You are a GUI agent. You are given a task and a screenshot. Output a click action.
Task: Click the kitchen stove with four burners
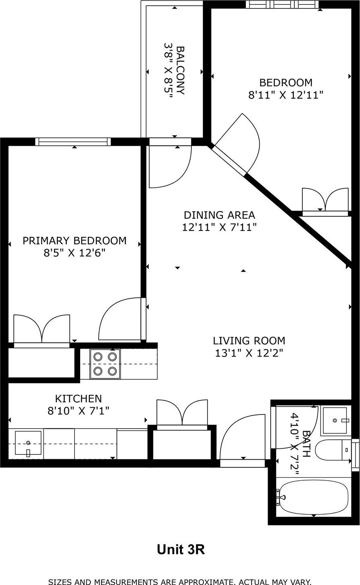coord(105,364)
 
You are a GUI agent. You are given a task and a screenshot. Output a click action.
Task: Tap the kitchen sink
coord(28,444)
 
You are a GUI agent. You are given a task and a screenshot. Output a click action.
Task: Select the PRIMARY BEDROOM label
coord(75,241)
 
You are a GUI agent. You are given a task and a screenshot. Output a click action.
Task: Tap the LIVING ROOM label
coord(249,341)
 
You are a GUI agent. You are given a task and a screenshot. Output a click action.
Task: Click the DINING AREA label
coord(219,215)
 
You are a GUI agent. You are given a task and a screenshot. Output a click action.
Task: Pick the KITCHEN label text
coord(78,398)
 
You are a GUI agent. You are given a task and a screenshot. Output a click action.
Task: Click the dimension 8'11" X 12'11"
coord(286,95)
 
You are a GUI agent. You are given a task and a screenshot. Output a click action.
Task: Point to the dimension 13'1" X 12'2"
coord(249,353)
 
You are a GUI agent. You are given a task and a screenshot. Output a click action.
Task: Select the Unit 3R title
coord(181,550)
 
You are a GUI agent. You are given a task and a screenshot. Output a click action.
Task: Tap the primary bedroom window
coord(73,141)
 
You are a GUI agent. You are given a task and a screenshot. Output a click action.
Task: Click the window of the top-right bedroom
coord(282,4)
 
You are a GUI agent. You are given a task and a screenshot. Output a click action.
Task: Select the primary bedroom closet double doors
coord(42,330)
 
